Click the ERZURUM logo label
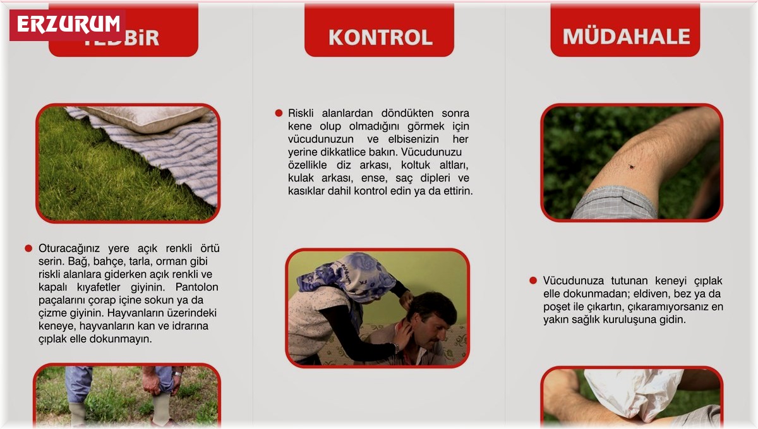point(68,24)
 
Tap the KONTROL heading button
point(380,37)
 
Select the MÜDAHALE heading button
point(625,36)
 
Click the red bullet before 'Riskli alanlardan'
point(279,113)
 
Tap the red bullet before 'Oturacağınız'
point(28,248)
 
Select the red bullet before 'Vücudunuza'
point(533,280)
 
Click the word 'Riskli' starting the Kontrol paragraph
point(302,113)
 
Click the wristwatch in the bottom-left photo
point(177,374)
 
